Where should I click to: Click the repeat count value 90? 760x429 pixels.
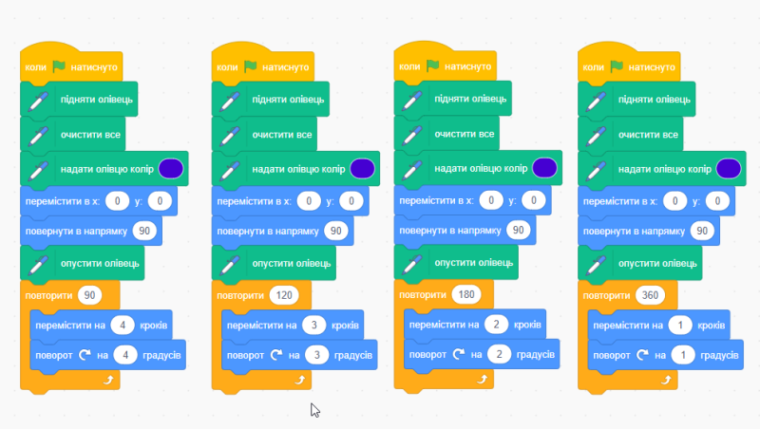pos(89,295)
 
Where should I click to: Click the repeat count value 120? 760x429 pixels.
pos(284,295)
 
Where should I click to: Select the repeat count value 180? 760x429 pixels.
pos(466,294)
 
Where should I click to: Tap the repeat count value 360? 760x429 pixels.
pos(650,295)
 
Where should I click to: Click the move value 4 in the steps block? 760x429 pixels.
pos(123,325)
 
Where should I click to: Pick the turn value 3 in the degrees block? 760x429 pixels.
pos(317,355)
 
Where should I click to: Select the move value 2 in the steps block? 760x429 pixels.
pos(496,324)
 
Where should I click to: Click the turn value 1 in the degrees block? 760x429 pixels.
pos(683,355)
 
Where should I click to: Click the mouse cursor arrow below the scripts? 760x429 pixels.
pos(315,410)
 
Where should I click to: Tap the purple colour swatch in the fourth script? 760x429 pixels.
pos(729,169)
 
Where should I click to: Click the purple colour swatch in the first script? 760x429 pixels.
pos(171,169)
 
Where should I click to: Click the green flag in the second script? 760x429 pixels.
pos(251,65)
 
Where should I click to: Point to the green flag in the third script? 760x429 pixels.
pos(433,65)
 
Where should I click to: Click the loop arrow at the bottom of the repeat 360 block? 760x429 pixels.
pos(667,380)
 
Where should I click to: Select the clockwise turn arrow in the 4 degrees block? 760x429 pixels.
pos(85,355)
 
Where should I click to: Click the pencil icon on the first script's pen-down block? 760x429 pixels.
pos(38,265)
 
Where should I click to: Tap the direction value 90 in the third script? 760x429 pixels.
pos(518,230)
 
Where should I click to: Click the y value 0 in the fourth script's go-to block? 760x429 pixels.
pos(717,201)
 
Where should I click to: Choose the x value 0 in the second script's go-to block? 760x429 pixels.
pos(309,201)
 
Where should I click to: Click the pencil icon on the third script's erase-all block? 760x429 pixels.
pos(412,135)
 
